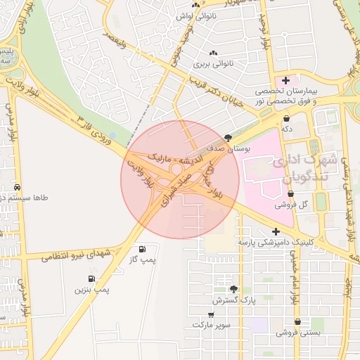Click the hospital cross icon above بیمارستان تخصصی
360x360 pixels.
[x=285, y=81]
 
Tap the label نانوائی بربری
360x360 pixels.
[x=213, y=64]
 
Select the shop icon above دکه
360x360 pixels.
[x=288, y=118]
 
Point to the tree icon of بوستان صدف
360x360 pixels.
[x=227, y=138]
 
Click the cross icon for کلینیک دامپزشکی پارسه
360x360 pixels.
[x=276, y=231]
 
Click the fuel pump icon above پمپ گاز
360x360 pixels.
[x=143, y=248]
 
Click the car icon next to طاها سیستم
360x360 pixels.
[x=16, y=188]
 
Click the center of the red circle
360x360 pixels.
[x=180, y=179]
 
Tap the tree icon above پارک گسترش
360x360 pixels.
[x=233, y=289]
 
